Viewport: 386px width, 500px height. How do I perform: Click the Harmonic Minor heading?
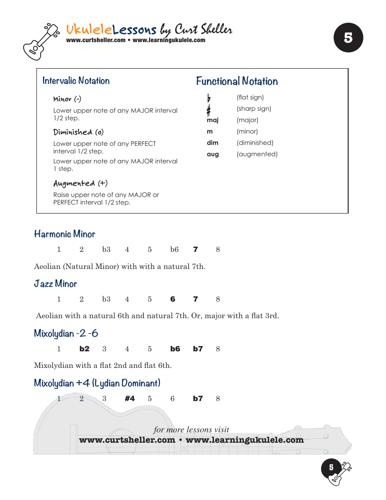tap(64, 234)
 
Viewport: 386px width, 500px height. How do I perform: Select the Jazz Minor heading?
tap(55, 284)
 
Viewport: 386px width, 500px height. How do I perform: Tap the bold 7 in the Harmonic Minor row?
tap(195, 250)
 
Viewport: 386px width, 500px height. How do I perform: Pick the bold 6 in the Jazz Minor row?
tap(173, 299)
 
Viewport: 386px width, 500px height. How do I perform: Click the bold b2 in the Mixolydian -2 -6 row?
tap(84, 349)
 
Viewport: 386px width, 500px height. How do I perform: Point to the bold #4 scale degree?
tap(130, 399)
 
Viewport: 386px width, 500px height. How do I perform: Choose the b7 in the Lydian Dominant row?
tap(198, 399)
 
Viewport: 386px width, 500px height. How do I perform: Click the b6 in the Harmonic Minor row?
tap(175, 250)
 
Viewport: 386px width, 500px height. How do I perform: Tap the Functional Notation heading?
tap(237, 81)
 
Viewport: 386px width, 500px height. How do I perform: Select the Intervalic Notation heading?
tap(76, 80)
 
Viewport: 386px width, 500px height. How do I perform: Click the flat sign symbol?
tap(209, 98)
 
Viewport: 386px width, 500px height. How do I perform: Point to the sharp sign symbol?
tap(209, 110)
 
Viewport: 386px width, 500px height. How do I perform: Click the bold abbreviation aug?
tap(213, 154)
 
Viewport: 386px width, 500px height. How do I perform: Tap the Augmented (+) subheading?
tap(80, 183)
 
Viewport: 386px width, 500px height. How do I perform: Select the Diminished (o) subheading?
tap(78, 132)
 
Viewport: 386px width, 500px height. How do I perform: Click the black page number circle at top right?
tap(348, 38)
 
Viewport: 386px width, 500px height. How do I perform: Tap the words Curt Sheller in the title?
tap(203, 30)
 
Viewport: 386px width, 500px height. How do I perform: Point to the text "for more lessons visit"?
tap(191, 430)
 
